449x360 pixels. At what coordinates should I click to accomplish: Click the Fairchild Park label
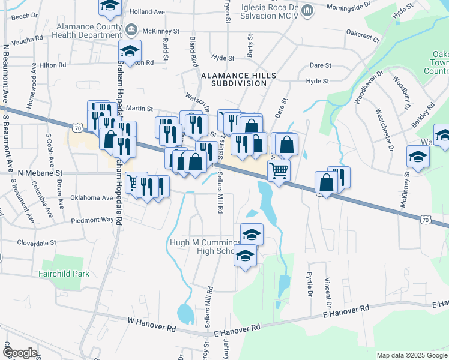point(65,274)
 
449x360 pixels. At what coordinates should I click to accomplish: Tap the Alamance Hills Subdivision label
point(234,79)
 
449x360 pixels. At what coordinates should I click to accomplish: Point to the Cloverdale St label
point(36,243)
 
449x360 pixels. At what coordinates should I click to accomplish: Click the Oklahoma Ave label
point(91,197)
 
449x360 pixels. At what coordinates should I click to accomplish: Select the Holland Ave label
point(147,11)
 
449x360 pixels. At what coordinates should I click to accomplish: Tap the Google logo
point(20,353)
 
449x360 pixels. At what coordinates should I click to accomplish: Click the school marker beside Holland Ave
point(109,5)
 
